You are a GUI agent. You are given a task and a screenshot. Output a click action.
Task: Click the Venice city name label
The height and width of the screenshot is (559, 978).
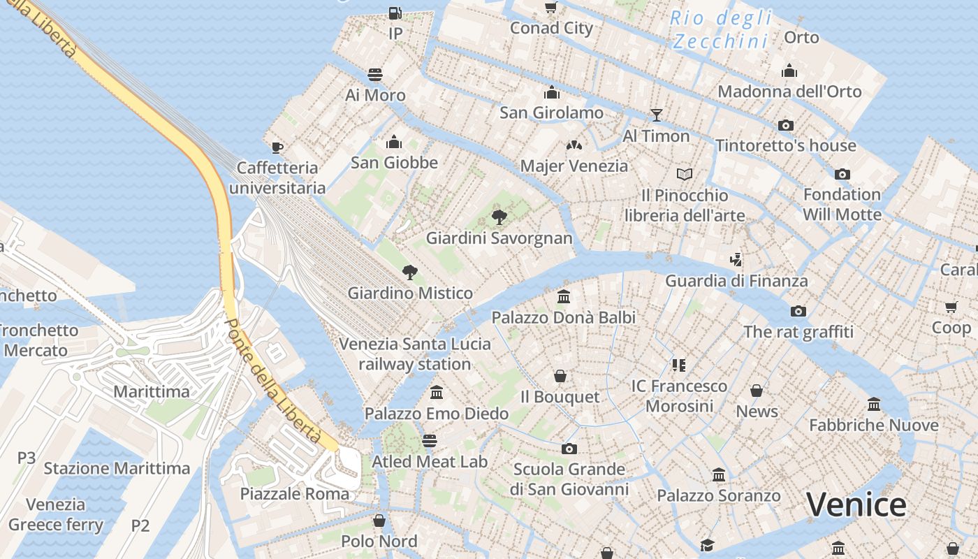pos(856,504)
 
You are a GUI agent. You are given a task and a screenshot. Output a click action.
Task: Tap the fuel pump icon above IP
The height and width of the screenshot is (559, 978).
pos(395,13)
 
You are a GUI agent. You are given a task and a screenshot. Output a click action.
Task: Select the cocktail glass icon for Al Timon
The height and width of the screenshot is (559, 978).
pos(656,115)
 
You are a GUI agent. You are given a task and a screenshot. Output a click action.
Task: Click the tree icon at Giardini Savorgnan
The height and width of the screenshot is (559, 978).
pos(499,217)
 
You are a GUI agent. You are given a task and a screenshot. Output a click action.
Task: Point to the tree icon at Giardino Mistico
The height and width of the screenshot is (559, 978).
pos(410,273)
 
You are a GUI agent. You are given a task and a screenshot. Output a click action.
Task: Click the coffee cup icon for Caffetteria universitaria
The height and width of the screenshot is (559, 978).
pos(277,147)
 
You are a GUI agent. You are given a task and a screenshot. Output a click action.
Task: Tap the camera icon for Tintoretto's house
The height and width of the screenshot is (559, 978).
pos(786,125)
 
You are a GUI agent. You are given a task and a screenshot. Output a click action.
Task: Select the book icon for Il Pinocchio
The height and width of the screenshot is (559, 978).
pos(685,174)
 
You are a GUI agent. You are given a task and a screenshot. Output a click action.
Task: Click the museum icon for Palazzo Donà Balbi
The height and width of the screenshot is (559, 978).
pos(564,297)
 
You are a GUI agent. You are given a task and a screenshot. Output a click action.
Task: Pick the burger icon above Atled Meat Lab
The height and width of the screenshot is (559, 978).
pos(430,441)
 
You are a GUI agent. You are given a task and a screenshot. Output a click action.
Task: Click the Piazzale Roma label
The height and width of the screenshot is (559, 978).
pos(294,494)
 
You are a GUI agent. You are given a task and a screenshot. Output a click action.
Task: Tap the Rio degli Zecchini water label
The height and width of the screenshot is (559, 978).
pos(721,29)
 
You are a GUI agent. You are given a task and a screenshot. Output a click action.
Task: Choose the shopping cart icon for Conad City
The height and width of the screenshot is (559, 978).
pos(550,8)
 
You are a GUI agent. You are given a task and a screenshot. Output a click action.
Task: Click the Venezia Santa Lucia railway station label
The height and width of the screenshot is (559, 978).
pos(415,354)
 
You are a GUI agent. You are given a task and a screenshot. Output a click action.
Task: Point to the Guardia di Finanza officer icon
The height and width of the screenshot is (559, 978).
pos(736,260)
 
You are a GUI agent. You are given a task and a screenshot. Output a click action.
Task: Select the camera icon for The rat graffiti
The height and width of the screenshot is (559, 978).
pos(798,311)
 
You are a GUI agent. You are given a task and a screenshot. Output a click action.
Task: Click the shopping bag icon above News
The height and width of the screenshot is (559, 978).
pos(757,391)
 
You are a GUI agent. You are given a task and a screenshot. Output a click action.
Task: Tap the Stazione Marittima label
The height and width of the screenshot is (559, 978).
pos(117,468)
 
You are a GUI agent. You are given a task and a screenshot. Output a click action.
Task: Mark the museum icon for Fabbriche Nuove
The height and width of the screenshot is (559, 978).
pos(874,404)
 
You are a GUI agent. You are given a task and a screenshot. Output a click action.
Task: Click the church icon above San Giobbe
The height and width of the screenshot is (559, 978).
pos(394,142)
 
